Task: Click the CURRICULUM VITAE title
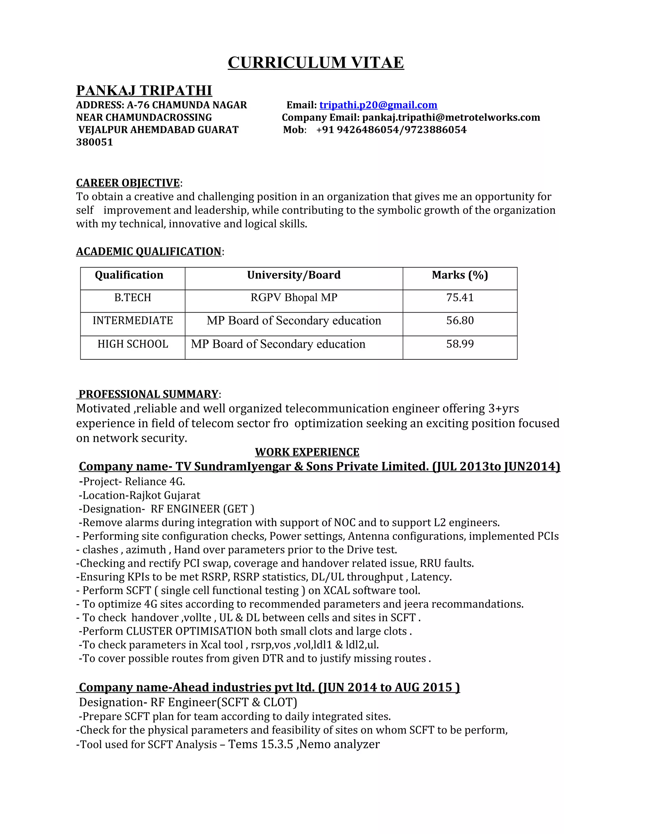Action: [316, 63]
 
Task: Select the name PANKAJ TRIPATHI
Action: [144, 91]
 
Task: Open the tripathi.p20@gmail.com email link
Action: [378, 105]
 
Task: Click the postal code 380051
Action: [94, 143]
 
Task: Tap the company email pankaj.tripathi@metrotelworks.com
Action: [451, 118]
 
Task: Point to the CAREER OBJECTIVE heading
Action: [128, 183]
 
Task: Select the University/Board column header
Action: [294, 275]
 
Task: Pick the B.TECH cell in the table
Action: [133, 297]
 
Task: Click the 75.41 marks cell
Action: [460, 297]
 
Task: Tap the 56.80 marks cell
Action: [460, 320]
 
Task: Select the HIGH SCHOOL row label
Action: [133, 344]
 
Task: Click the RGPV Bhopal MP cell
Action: [294, 297]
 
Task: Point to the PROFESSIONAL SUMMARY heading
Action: [148, 394]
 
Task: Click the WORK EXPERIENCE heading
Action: [307, 452]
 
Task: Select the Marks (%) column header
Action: [460, 275]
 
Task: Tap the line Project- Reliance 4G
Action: [132, 482]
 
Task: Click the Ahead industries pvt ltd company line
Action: [269, 687]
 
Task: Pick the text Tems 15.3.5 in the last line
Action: [260, 744]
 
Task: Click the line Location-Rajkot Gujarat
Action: [140, 495]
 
